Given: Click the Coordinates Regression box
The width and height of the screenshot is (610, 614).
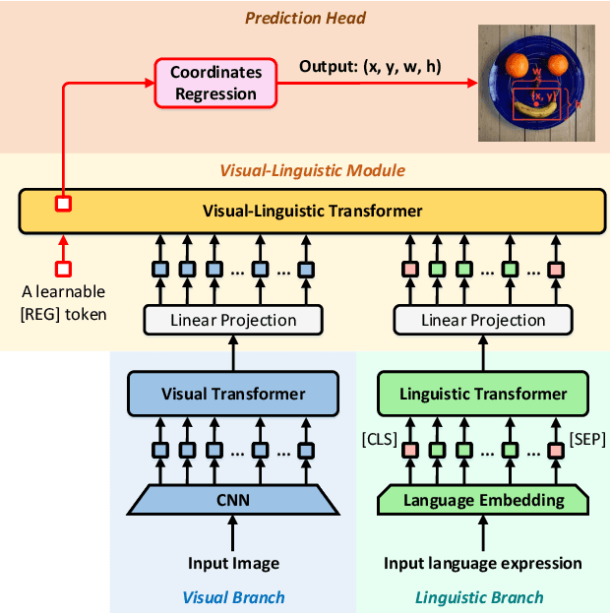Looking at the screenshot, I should click(x=214, y=84).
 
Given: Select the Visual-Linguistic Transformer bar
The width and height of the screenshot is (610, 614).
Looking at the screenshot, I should click(x=312, y=211).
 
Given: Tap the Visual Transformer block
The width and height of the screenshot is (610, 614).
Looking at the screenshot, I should click(x=234, y=394).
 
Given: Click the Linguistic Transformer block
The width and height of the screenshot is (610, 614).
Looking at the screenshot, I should click(x=483, y=394).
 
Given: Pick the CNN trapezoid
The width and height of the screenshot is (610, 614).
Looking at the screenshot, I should click(x=234, y=500).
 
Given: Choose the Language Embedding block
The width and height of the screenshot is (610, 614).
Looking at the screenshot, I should click(x=483, y=500).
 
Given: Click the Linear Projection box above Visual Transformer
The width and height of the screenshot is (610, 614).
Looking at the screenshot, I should click(x=234, y=320).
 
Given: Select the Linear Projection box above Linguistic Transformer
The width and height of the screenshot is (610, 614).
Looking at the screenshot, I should click(x=483, y=320).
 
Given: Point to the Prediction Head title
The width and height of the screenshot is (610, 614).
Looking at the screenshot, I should click(x=305, y=17).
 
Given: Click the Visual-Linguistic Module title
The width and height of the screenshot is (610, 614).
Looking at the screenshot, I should click(x=312, y=170).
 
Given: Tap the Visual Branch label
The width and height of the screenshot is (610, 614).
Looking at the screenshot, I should click(x=234, y=597).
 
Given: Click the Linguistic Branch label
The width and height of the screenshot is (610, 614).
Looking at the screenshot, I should click(x=479, y=597).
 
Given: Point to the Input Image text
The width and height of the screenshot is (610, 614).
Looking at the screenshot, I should click(x=234, y=564).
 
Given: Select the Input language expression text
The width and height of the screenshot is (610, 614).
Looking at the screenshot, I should click(x=483, y=564).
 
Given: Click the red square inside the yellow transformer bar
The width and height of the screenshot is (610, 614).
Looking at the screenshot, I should click(x=63, y=204).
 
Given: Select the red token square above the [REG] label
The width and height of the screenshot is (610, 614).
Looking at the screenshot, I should click(x=63, y=268).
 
